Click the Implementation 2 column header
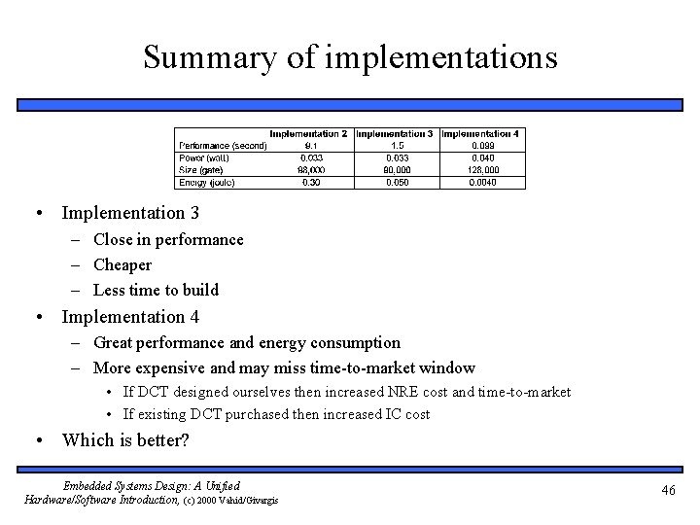pos(308,133)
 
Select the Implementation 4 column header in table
pos(482,133)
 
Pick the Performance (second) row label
pos(223,146)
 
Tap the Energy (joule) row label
pos(207,181)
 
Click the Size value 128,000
pos(482,169)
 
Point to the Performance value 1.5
pos(397,146)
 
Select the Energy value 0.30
pos(312,181)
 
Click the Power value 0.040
pos(482,157)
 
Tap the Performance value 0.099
pos(482,146)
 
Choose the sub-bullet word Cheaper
pos(122,264)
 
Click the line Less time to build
pos(156,290)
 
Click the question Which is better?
pos(125,439)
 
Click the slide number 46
pos(667,491)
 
